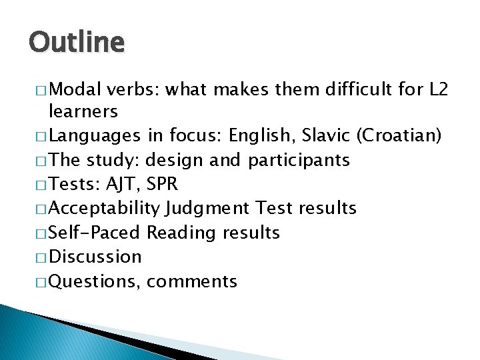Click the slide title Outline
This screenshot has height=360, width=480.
(77, 43)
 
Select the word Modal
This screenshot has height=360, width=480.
(74, 89)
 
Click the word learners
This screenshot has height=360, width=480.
(83, 111)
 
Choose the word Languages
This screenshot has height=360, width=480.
(95, 137)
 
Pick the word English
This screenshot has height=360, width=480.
(261, 136)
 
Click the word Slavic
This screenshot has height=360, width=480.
(327, 136)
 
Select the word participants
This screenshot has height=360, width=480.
(299, 161)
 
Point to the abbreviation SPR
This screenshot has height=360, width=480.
(163, 185)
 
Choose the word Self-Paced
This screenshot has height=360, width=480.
(95, 233)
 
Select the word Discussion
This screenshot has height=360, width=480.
(95, 257)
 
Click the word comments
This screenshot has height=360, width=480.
(192, 281)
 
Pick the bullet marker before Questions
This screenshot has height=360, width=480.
(41, 281)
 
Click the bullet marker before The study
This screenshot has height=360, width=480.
(41, 161)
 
